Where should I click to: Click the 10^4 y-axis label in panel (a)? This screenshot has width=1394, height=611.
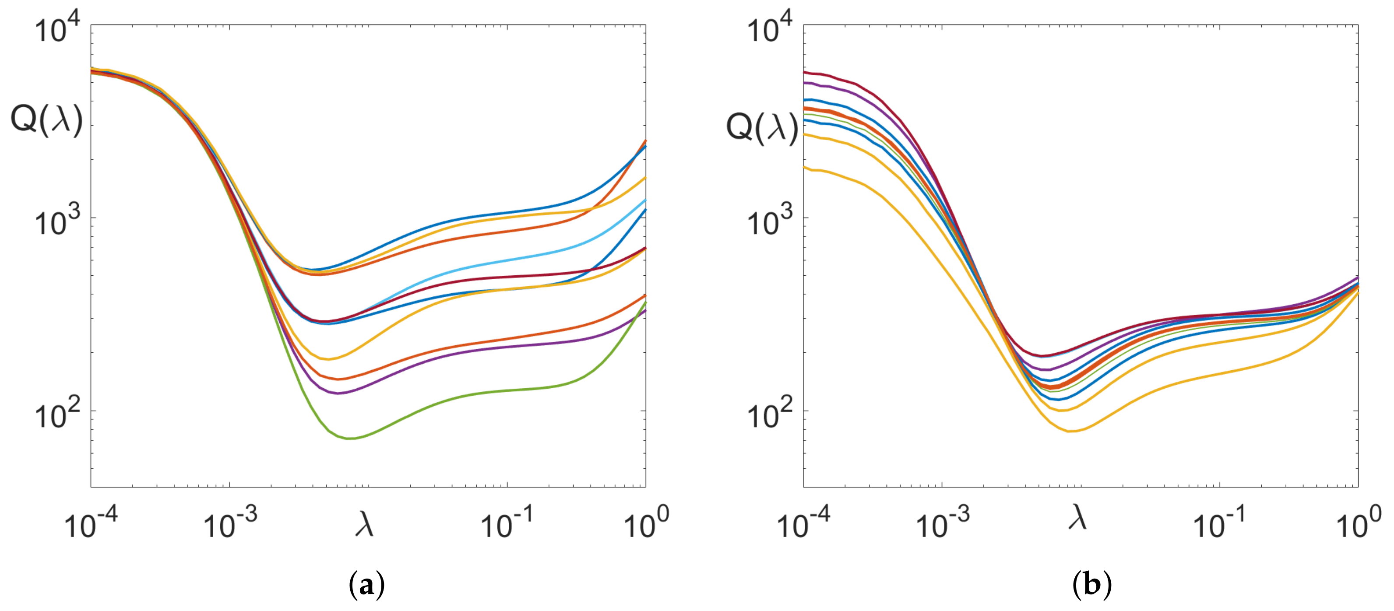[x=57, y=29]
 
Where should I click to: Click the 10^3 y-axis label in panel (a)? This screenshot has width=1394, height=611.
[x=57, y=222]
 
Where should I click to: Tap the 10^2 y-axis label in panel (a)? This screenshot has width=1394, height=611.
[x=57, y=415]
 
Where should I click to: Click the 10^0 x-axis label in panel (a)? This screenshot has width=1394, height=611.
[x=646, y=522]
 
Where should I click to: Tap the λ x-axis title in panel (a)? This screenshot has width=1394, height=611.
[x=364, y=524]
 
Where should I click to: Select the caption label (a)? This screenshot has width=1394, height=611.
[x=367, y=585]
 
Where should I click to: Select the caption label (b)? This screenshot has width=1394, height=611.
[x=1091, y=585]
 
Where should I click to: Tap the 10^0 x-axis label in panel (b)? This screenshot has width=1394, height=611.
[x=1358, y=522]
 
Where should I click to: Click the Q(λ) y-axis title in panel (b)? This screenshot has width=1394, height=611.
[x=761, y=128]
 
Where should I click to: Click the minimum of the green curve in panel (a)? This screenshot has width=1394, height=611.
[x=351, y=438]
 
